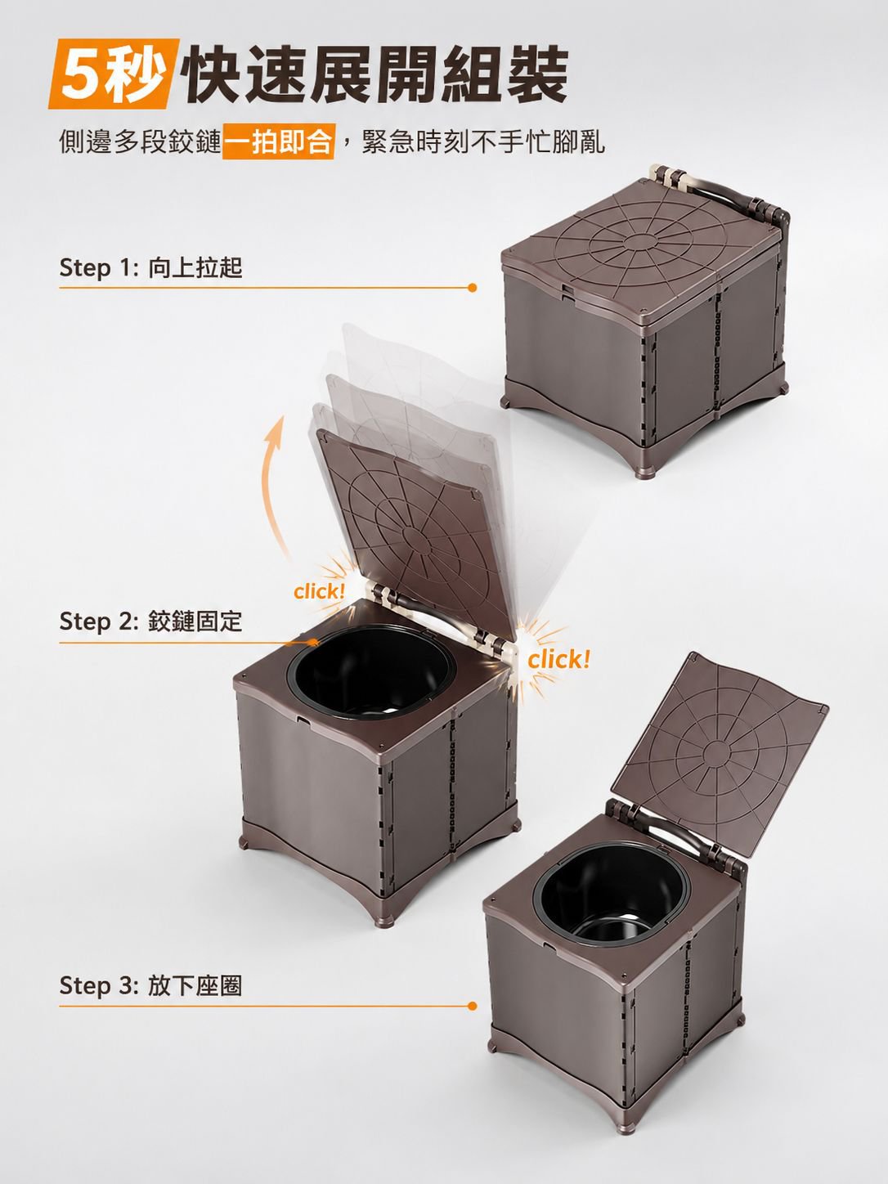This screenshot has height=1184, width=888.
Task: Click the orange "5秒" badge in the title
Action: pos(113,74)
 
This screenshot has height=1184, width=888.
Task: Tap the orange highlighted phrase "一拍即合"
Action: pos(278,141)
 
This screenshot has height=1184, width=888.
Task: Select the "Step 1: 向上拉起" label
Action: pos(151,267)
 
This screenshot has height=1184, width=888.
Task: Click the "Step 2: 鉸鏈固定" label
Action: pos(151,621)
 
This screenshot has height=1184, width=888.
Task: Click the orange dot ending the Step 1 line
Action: pos(473,288)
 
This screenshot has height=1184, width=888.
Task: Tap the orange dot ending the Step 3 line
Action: pos(473,1006)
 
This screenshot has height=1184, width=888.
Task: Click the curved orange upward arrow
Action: pos(268,486)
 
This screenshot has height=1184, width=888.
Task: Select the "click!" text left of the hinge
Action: pos(319,592)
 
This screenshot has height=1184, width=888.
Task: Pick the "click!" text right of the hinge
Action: pos(558,659)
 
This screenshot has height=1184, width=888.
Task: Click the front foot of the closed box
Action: pos(644,470)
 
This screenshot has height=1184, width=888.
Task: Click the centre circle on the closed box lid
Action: pos(640,241)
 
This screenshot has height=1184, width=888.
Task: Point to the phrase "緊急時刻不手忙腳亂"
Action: pos(483,141)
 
